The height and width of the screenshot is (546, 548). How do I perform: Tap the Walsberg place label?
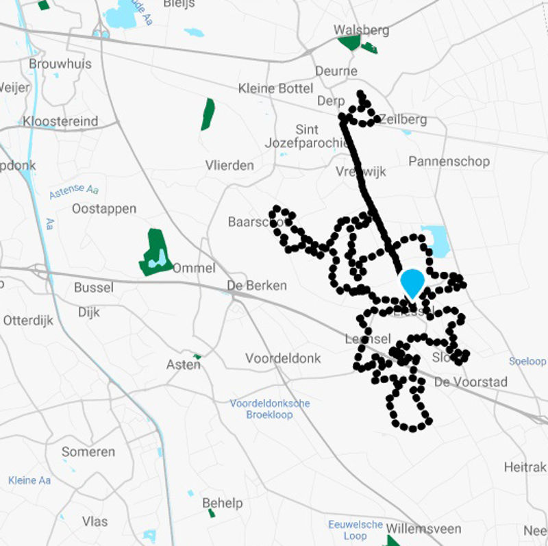[361, 30]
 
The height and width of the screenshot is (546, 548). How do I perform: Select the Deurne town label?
[336, 71]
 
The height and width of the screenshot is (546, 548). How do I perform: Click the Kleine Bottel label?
[275, 88]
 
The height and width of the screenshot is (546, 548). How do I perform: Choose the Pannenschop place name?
[449, 162]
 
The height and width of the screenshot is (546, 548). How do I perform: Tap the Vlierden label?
[229, 165]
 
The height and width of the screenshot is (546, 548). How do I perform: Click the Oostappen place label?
[104, 208]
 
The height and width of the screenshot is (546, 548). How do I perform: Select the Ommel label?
[194, 268]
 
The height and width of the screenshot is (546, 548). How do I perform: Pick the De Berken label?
[258, 286]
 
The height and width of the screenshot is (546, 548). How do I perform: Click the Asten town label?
[184, 365]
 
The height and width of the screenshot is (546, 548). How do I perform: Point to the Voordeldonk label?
[283, 358]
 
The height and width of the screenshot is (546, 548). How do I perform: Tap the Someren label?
[88, 451]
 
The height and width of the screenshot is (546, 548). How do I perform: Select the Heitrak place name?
[525, 467]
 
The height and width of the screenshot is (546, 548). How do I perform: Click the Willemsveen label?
[423, 529]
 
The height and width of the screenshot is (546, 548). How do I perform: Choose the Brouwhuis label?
[60, 64]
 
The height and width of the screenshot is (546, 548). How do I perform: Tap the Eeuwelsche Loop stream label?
[355, 530]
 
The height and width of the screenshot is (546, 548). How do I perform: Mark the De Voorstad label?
[471, 382]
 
